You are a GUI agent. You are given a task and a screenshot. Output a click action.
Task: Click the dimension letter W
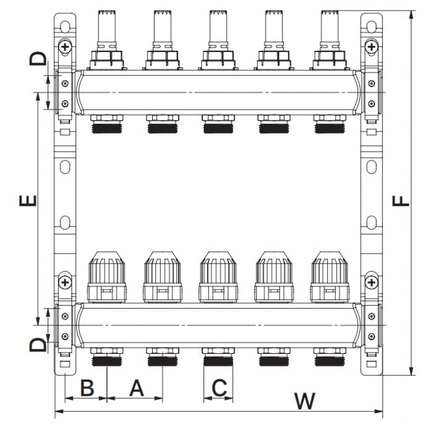pyautogui.click(x=303, y=401)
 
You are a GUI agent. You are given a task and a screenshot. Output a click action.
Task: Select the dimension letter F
pyautogui.click(x=402, y=201)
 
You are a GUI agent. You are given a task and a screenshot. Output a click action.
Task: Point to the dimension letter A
pyautogui.click(x=135, y=388)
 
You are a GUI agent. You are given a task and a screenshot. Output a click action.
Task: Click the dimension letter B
pyautogui.click(x=87, y=388)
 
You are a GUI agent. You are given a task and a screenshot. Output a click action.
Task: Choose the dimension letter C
pyautogui.click(x=218, y=388)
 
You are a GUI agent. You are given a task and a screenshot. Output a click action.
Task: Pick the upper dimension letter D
pyautogui.click(x=38, y=59)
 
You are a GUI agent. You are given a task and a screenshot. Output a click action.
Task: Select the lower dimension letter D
pyautogui.click(x=38, y=344)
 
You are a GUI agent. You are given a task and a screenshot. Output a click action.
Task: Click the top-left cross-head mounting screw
pyautogui.click(x=65, y=46)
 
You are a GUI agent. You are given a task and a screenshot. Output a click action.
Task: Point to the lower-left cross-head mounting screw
pyautogui.click(x=65, y=283)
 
